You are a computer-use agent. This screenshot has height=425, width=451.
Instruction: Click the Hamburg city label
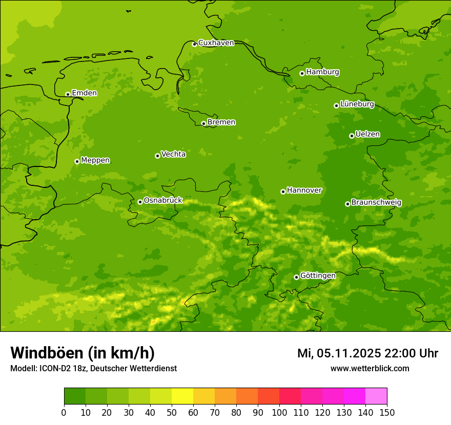[x=322, y=72]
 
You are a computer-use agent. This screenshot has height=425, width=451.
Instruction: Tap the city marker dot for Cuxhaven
[x=194, y=44]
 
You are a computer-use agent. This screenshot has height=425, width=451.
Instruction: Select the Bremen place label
[x=221, y=122]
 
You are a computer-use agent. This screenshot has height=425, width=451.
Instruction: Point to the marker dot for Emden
[x=68, y=94]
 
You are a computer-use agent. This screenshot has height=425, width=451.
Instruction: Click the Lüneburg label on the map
[x=357, y=104]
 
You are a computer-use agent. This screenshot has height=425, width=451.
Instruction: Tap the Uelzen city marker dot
[x=352, y=136]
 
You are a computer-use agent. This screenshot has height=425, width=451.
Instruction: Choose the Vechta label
[x=173, y=154]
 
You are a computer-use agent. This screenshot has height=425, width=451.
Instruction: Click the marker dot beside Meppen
[x=77, y=161]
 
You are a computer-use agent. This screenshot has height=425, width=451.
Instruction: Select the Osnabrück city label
[x=163, y=200]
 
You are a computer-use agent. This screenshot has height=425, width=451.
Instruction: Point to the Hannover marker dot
[x=283, y=192]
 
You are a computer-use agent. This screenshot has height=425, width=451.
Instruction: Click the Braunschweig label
[x=376, y=203]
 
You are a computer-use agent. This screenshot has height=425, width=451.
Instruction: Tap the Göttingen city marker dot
[x=296, y=277]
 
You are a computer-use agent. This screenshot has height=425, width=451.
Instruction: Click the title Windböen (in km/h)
[x=83, y=353]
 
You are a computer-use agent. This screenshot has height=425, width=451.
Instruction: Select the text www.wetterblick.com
[x=370, y=368]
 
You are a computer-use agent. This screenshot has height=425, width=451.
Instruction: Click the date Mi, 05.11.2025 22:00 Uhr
[x=367, y=353]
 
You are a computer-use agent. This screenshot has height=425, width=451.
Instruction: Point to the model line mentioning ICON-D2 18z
[x=93, y=368]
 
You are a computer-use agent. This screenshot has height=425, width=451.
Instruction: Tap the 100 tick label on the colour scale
[x=279, y=412]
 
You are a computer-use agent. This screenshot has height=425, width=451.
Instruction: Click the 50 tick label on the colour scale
[x=172, y=412]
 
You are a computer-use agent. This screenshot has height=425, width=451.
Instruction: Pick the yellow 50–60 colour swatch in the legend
[x=182, y=396]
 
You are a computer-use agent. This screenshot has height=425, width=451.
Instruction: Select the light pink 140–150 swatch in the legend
[x=376, y=396]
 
